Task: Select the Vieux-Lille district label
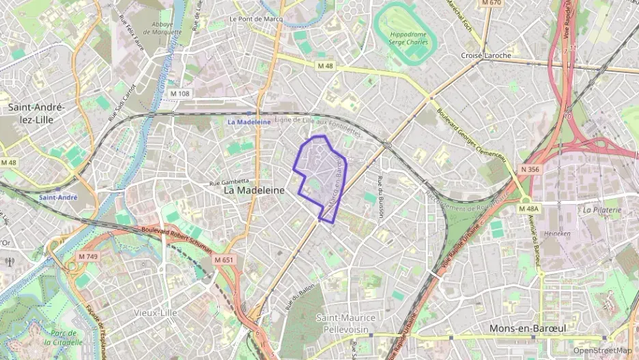pyautogui.click(x=155, y=312)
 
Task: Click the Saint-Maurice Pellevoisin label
pyautogui.click(x=346, y=322)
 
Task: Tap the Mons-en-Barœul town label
pyautogui.click(x=528, y=329)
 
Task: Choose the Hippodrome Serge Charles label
pyautogui.click(x=408, y=38)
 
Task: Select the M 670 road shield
pyautogui.click(x=491, y=3)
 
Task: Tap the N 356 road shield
pyautogui.click(x=530, y=169)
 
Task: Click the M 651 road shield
pyautogui.click(x=223, y=260)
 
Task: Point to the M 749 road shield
pyautogui.click(x=87, y=256)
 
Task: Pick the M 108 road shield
pyautogui.click(x=180, y=93)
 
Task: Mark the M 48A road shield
pyautogui.click(x=528, y=208)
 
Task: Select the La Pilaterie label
pyautogui.click(x=602, y=210)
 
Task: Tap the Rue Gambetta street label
pyautogui.click(x=229, y=182)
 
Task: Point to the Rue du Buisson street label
pyautogui.click(x=380, y=197)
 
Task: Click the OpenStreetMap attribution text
pyautogui.click(x=602, y=350)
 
